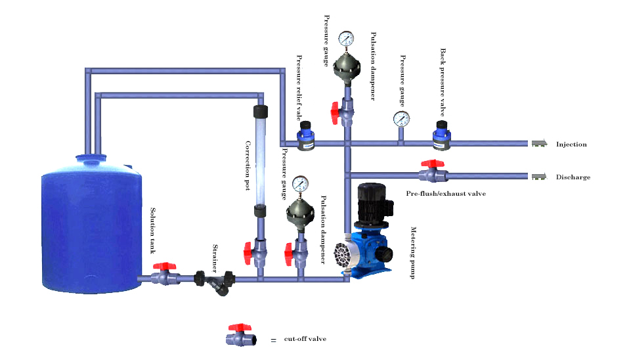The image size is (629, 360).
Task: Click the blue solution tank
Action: (91, 223)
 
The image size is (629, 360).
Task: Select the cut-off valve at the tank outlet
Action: (165, 275)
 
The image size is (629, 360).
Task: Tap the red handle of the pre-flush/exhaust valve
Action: (429, 163)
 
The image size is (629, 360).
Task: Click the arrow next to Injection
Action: (540, 144)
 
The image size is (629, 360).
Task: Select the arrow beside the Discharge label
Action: (540, 176)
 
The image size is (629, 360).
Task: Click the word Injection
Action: (571, 145)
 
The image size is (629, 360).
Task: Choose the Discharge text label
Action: (573, 177)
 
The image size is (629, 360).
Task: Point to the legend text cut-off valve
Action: (305, 339)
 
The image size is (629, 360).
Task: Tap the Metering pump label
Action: (414, 253)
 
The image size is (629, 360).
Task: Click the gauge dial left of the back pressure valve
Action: (401, 118)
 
